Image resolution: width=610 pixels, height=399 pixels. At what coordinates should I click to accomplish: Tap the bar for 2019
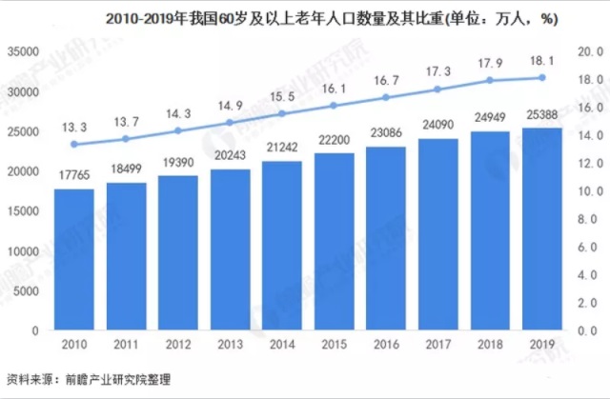[x=541, y=229]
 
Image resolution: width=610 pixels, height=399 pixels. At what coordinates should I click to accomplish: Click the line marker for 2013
[x=230, y=122]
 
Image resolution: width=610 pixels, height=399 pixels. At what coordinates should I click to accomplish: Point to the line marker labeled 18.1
[x=541, y=77]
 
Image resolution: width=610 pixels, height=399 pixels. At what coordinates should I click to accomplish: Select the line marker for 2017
[x=437, y=90]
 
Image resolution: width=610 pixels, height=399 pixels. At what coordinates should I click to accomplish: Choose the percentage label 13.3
[x=73, y=127]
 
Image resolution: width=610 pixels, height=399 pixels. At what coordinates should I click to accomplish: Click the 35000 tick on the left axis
[x=24, y=51]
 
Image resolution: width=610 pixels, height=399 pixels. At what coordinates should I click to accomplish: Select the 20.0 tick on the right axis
[x=589, y=51]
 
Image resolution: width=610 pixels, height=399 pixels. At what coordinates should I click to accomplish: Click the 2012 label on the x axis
[x=177, y=344]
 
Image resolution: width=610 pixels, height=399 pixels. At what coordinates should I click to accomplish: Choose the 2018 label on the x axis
[x=490, y=344]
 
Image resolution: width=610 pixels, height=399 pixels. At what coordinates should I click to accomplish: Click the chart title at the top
[x=304, y=17]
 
